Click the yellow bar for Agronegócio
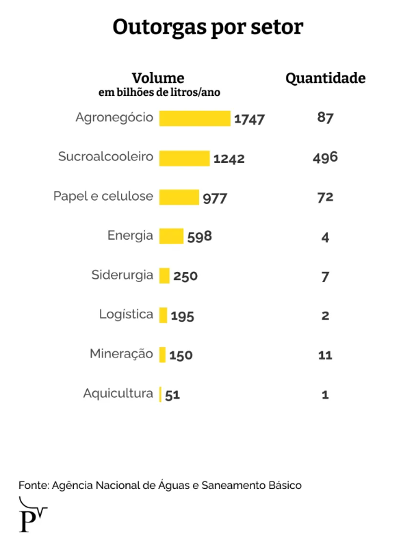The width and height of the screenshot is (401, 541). (195, 118)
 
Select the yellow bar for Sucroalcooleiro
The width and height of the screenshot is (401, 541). (185, 158)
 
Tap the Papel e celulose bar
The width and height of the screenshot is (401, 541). (179, 197)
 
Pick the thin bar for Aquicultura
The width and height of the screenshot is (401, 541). (160, 394)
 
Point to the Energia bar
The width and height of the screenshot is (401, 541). (171, 236)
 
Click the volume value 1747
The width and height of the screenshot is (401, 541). (249, 119)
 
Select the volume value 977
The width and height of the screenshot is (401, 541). (215, 199)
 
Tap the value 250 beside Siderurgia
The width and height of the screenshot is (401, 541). (185, 276)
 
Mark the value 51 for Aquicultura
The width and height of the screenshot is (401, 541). (172, 394)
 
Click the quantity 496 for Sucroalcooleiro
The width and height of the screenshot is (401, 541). (325, 158)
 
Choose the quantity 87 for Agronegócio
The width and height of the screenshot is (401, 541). (325, 117)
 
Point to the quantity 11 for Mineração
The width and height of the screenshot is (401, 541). (325, 355)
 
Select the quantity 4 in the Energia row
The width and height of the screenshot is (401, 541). (325, 238)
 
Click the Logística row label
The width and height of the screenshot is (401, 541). (126, 314)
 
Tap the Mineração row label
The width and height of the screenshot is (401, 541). (121, 354)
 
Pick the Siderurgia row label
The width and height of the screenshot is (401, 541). (122, 275)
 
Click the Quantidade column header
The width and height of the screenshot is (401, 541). (326, 78)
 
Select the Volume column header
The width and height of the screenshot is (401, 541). (158, 78)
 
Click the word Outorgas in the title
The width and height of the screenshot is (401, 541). (159, 27)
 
